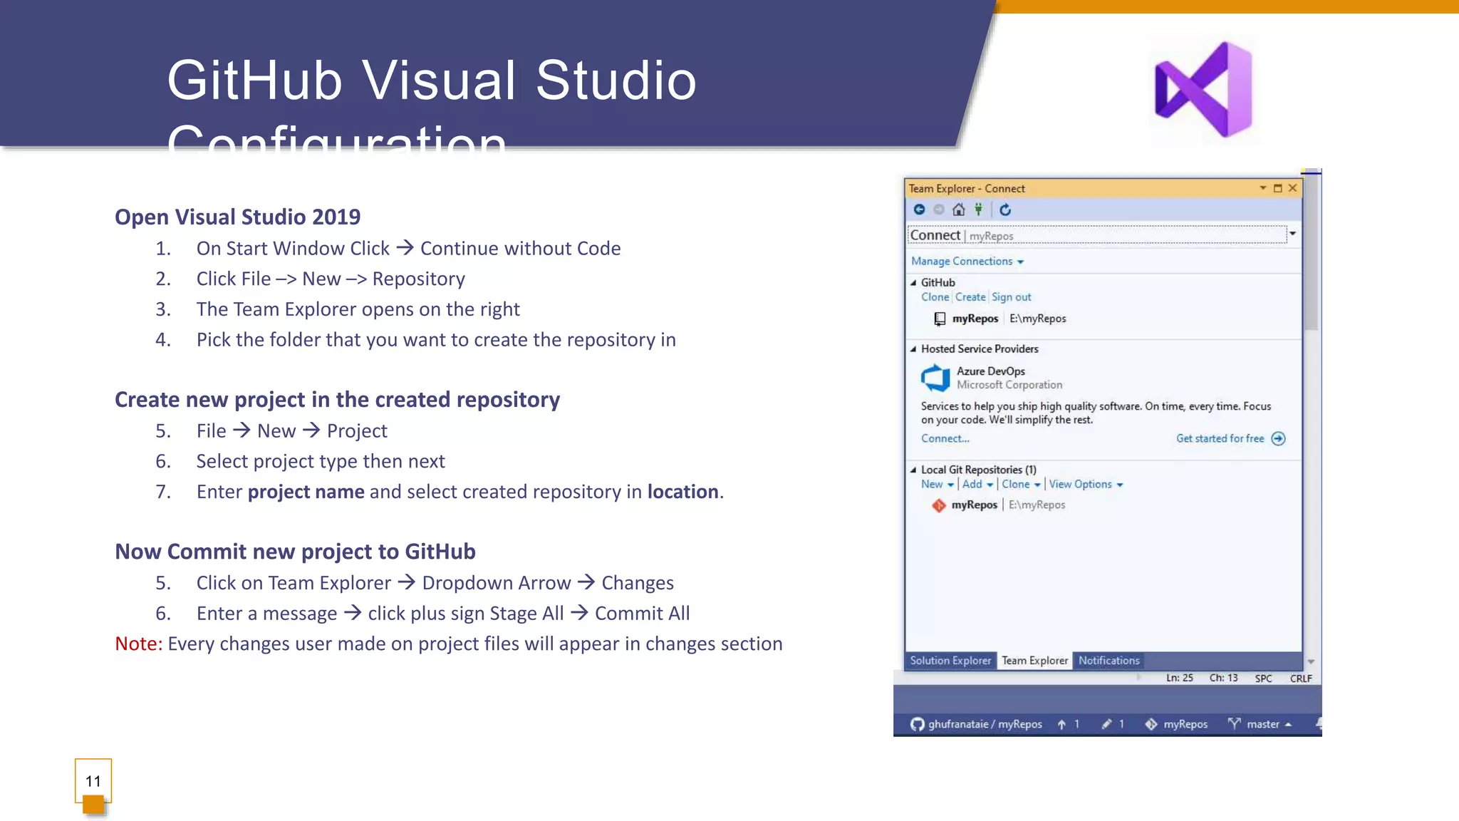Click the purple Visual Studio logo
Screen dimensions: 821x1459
click(1204, 89)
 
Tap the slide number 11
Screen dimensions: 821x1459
click(93, 781)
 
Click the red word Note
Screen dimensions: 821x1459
click(138, 644)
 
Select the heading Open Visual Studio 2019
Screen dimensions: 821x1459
click(237, 217)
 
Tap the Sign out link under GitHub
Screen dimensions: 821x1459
click(1011, 297)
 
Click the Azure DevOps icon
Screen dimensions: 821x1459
click(935, 378)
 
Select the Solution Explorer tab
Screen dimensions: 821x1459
click(950, 661)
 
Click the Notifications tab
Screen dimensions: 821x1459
click(1108, 661)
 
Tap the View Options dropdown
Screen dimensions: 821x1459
click(1085, 484)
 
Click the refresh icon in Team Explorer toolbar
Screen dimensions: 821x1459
click(1005, 210)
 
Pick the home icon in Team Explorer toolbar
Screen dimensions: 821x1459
click(959, 210)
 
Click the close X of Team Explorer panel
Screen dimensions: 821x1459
click(1292, 188)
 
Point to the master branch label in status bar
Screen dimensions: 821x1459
click(1262, 724)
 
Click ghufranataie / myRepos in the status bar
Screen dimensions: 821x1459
click(985, 724)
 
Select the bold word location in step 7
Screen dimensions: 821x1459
click(682, 492)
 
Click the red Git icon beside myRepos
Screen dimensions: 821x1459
click(939, 505)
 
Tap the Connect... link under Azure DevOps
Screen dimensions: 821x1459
click(945, 438)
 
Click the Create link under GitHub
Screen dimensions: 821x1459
click(970, 297)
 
